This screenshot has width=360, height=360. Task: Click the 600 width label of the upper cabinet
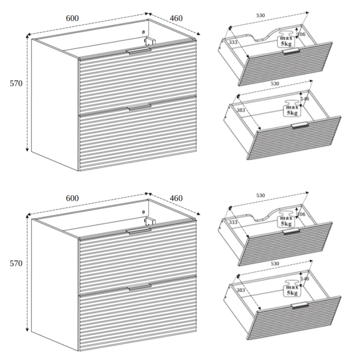(72, 18)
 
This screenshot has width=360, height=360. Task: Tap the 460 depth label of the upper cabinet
(176, 18)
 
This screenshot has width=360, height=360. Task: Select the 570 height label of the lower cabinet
(16, 264)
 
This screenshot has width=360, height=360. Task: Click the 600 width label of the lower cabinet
(72, 198)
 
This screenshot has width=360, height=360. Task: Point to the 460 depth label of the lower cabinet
(176, 198)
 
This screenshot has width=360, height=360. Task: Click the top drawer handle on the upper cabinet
(139, 51)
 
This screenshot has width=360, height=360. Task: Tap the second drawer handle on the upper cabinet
(139, 107)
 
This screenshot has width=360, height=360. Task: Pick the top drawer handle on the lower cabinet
(139, 231)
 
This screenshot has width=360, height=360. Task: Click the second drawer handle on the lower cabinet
(139, 287)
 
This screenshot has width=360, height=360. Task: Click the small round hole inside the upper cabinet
(144, 32)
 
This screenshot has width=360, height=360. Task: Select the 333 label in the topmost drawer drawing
(233, 42)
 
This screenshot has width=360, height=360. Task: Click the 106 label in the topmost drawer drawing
(301, 34)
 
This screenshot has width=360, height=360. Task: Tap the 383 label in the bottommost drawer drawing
(241, 290)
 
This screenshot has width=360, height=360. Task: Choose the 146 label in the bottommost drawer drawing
(305, 279)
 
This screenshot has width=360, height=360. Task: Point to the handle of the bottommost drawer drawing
(300, 305)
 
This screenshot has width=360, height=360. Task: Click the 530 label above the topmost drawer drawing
(261, 15)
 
